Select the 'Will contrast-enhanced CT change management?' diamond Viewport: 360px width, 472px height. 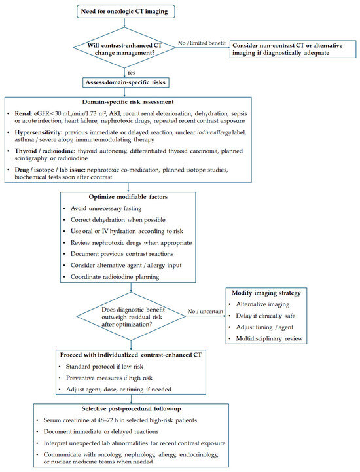click(124, 48)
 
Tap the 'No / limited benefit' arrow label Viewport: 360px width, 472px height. click(202, 43)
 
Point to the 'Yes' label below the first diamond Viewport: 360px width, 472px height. click(131, 73)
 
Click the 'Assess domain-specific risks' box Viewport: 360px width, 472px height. click(126, 82)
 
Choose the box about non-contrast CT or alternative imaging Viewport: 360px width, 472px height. click(293, 49)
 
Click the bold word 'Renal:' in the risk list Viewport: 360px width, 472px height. click(24, 113)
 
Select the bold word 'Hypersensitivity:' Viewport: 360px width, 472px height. click(39, 132)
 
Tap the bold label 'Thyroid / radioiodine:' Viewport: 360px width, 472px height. click(45, 151)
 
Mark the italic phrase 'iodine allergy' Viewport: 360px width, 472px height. click(214, 132)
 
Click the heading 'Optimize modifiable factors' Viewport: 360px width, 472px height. click(128, 197)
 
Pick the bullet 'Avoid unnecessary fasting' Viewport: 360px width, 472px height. click(106, 208)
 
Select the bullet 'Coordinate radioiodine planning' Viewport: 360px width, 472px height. click(115, 277)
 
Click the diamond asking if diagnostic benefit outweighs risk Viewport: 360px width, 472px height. click(131, 316)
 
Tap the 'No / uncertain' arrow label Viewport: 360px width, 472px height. click(206, 311)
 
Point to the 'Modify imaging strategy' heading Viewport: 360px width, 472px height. click(266, 293)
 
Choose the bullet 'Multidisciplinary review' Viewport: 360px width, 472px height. click(269, 338)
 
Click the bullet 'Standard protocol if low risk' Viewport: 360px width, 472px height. click(105, 367)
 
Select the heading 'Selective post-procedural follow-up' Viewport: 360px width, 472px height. click(132, 408)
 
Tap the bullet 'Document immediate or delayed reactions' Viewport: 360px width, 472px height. click(101, 431)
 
